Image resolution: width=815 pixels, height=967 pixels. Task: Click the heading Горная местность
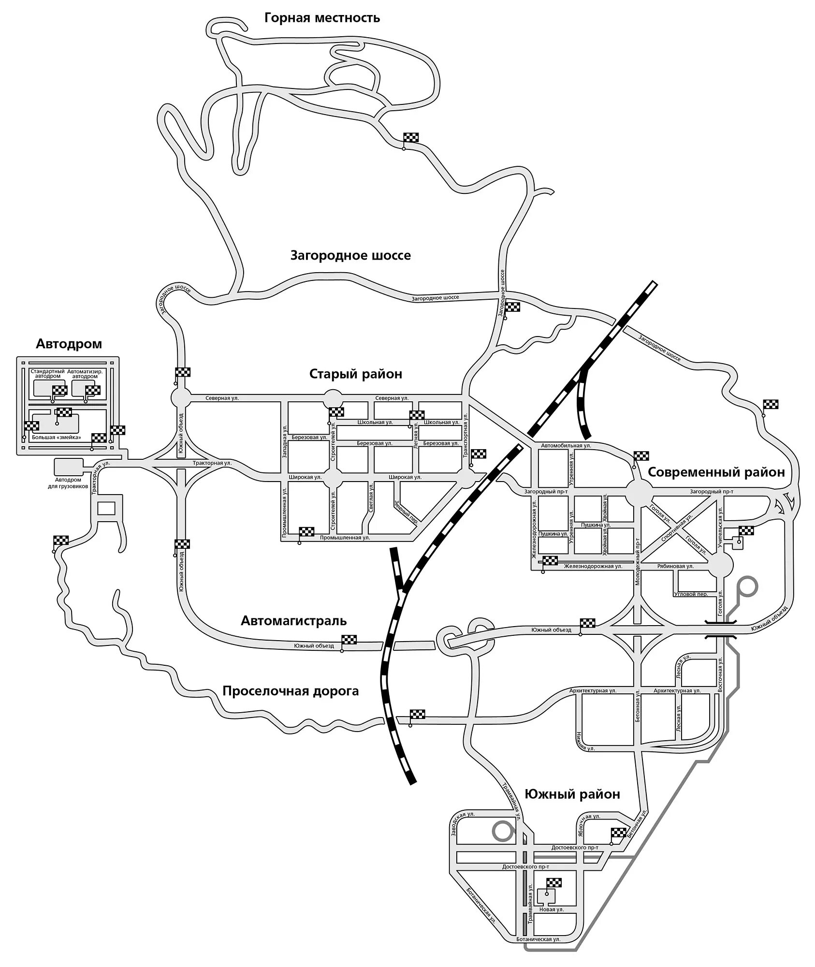click(322, 18)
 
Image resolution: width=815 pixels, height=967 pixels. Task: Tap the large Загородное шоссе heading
click(350, 255)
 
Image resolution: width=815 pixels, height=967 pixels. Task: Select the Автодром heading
click(69, 344)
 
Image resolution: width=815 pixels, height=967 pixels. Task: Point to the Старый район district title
click(356, 374)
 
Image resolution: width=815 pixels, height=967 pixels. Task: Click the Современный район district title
click(716, 472)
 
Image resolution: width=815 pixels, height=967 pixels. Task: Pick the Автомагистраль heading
click(294, 620)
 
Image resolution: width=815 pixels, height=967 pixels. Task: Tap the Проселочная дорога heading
click(291, 691)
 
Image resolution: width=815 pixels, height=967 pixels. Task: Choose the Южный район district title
click(572, 794)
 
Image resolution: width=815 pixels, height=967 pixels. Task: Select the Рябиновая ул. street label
click(675, 566)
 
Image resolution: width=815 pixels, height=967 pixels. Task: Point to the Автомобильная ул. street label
click(566, 445)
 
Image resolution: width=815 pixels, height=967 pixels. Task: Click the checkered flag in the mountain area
click(411, 137)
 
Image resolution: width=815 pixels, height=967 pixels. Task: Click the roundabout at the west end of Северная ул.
click(181, 398)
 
